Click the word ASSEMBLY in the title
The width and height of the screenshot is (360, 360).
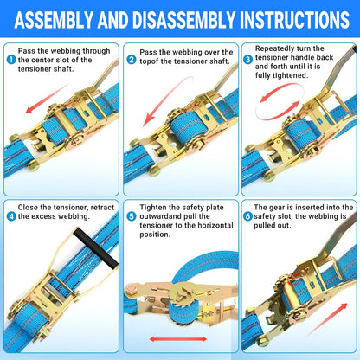[x=54, y=20]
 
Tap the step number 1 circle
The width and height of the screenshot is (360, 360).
[x=11, y=60]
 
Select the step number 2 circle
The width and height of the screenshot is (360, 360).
[x=132, y=60]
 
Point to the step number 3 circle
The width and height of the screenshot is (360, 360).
[x=247, y=60]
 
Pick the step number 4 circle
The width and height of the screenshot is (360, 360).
[x=11, y=216]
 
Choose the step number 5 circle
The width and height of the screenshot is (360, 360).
[x=132, y=216]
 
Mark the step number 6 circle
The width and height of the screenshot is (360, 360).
[x=247, y=216]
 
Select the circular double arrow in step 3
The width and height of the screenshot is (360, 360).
[x=280, y=101]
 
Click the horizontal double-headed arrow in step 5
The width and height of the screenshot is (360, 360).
[x=178, y=339]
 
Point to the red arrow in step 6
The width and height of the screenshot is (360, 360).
[x=326, y=319]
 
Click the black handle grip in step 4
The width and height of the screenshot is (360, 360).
[x=95, y=248]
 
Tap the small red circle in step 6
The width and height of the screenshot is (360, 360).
[x=294, y=279]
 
